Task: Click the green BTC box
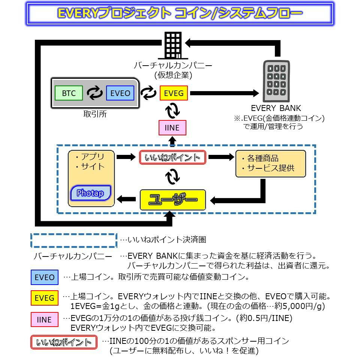[69, 93]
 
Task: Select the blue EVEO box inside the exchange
[120, 93]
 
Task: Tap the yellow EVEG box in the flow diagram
[174, 93]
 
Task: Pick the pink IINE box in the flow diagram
[172, 127]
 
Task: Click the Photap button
[90, 193]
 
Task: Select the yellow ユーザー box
[173, 199]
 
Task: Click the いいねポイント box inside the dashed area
[172, 157]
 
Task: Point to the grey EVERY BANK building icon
[276, 81]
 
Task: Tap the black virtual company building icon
[173, 45]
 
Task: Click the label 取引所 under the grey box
[95, 114]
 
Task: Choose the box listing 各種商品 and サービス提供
[271, 164]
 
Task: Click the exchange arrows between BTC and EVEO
[94, 93]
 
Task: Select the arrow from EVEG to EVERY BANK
[225, 93]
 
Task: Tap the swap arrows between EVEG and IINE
[172, 110]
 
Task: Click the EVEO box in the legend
[45, 277]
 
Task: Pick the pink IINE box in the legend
[45, 319]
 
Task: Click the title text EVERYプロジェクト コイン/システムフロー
[180, 13]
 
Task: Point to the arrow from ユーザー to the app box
[126, 199]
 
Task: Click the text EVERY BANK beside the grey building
[276, 108]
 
